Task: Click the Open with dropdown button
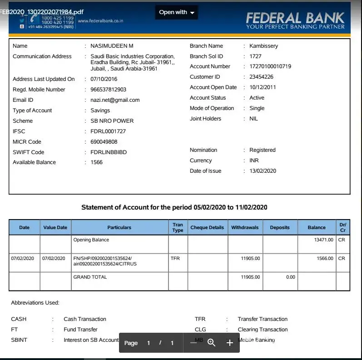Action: tap(177, 12)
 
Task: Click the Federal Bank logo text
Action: tap(295, 18)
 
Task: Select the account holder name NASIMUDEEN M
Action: tap(112, 46)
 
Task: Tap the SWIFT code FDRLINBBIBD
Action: tap(109, 152)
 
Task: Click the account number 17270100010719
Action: tap(270, 66)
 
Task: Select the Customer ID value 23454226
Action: tap(261, 77)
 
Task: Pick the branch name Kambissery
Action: tap(263, 46)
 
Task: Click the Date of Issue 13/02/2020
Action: tap(263, 171)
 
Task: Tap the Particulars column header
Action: tap(119, 227)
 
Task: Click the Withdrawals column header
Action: tap(245, 227)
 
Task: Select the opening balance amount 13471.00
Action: tap(324, 240)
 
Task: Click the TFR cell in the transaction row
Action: tap(175, 258)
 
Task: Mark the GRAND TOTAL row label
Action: tap(90, 277)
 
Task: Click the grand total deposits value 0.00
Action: tap(291, 277)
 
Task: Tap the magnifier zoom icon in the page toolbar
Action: tap(211, 343)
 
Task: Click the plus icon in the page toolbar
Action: tap(230, 343)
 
